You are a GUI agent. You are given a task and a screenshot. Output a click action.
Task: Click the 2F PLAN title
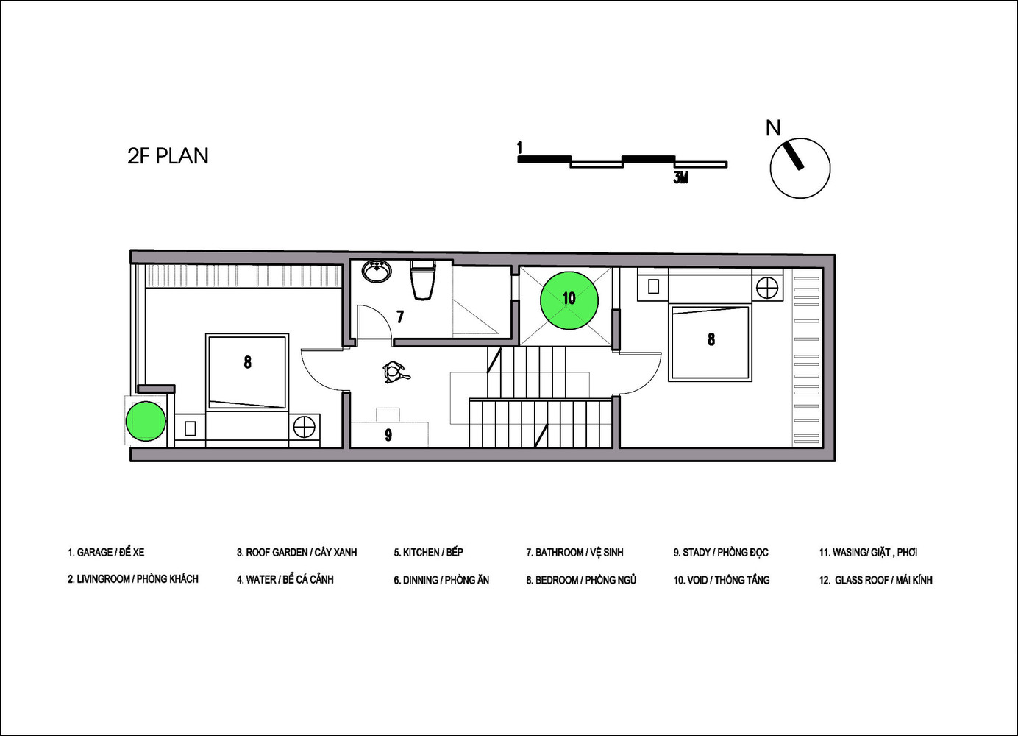[x=168, y=156]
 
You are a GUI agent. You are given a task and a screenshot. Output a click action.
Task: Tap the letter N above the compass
[x=773, y=128]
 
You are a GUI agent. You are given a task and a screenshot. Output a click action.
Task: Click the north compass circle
[x=800, y=168]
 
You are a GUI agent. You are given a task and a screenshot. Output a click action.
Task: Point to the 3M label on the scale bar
[x=680, y=177]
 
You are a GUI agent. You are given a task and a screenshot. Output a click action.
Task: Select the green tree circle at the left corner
[x=145, y=422]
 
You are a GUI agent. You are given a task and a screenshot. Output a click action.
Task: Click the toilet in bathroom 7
[x=423, y=280]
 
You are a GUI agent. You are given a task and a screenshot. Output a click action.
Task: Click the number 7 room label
[x=400, y=317]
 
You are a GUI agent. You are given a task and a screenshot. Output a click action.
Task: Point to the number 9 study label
[x=388, y=436]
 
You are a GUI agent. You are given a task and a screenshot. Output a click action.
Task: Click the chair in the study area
[x=395, y=372]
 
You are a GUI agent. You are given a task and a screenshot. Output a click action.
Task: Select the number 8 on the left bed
[x=247, y=362]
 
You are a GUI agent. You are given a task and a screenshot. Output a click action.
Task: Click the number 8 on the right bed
[x=711, y=339]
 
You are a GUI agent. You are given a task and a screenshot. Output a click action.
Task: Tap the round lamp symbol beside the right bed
[x=767, y=287]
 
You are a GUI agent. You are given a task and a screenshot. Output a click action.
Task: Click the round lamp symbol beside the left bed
[x=304, y=426]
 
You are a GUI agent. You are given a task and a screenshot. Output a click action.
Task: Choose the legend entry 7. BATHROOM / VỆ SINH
[x=574, y=552]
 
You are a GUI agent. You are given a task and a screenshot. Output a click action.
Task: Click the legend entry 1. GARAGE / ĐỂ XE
[x=106, y=552]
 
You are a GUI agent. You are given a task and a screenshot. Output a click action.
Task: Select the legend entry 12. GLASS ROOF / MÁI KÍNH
[x=875, y=580]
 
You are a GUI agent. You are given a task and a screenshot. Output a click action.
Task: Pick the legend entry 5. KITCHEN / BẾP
[x=428, y=552]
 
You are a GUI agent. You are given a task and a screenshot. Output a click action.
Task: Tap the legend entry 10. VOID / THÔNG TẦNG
[x=721, y=580]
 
